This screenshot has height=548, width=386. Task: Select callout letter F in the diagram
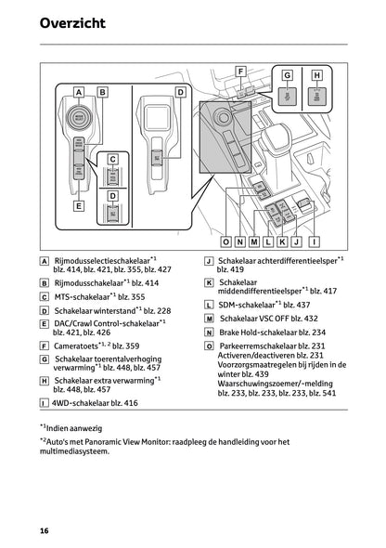coord(240,72)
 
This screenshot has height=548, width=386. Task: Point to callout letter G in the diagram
coord(287,75)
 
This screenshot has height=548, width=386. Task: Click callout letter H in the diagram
coord(316,75)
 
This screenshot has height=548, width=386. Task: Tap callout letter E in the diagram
coord(79,205)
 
